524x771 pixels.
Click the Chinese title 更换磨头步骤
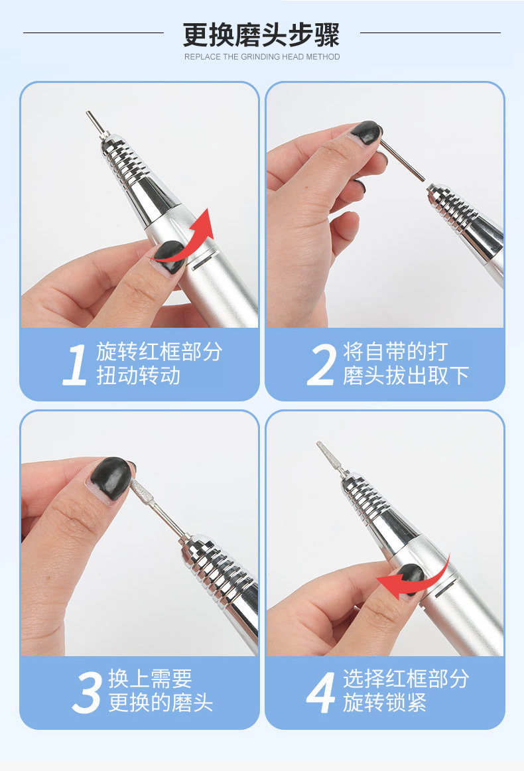pyautogui.click(x=261, y=35)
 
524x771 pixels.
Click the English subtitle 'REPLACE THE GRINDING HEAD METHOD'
pyautogui.click(x=262, y=57)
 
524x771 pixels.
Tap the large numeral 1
pyautogui.click(x=75, y=364)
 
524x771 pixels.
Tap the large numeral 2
pyautogui.click(x=321, y=364)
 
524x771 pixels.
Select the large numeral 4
pyautogui.click(x=321, y=692)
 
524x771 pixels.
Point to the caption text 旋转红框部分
pyautogui.click(x=159, y=352)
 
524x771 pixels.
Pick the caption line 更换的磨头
pyautogui.click(x=161, y=703)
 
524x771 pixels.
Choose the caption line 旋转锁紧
pyautogui.click(x=385, y=703)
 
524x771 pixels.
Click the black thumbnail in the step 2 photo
pyautogui.click(x=367, y=132)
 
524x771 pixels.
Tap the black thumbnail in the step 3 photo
pyautogui.click(x=111, y=477)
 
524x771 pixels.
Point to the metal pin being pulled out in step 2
pyautogui.click(x=403, y=161)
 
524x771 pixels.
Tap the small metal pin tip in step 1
pyautogui.click(x=94, y=122)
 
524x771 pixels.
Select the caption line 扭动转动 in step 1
pyautogui.click(x=138, y=376)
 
